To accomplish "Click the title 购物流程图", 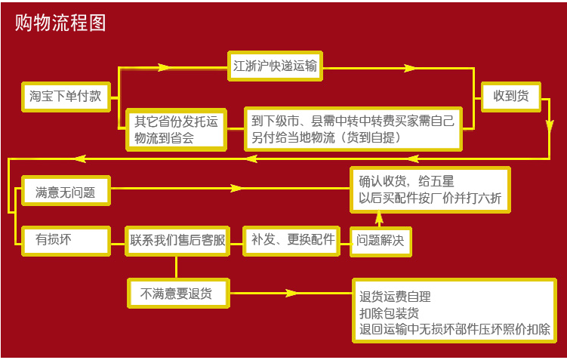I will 60,23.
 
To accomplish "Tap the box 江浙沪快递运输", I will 275,66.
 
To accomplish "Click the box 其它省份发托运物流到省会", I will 175,129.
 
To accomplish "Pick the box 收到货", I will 510,96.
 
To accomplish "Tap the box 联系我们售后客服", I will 177,240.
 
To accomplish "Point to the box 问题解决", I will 381,241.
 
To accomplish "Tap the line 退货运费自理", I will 395,297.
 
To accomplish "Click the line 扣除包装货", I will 390,313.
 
